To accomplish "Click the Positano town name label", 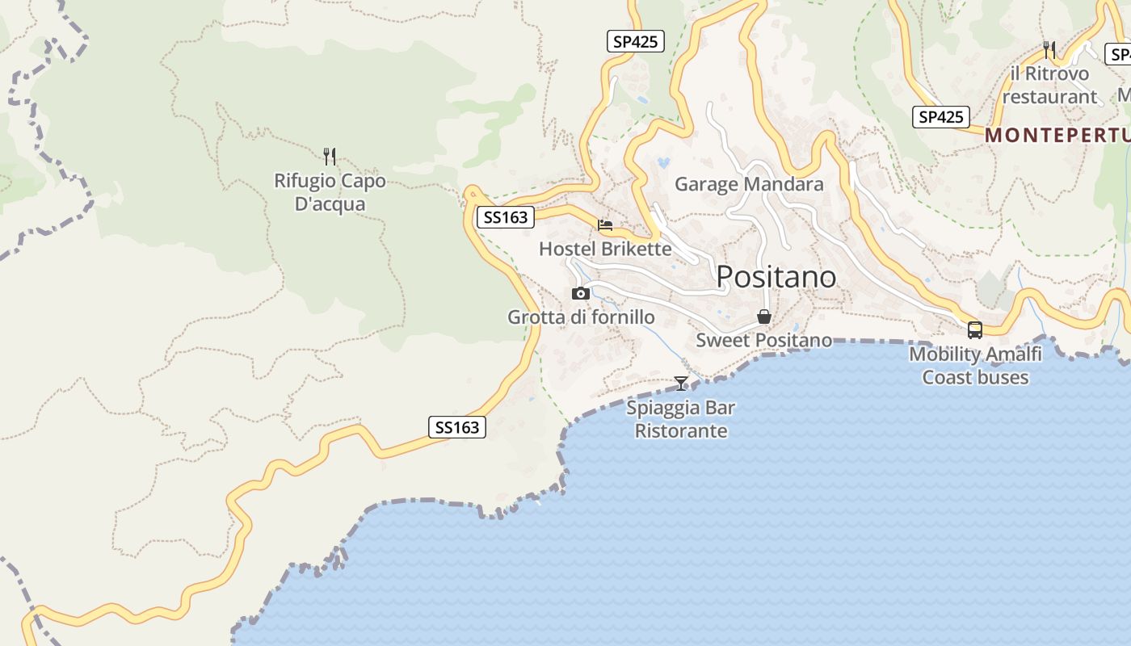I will tap(776, 277).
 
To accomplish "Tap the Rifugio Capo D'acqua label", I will tap(330, 192).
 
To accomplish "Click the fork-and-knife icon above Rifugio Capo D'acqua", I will tap(330, 156).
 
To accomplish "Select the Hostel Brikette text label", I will tap(605, 249).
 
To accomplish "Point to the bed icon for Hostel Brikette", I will tap(605, 225).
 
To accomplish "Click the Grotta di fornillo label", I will tap(581, 317).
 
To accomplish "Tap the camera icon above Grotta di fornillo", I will tap(580, 293).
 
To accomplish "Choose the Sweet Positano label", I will tap(763, 340).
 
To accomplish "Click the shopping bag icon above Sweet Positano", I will tap(763, 317).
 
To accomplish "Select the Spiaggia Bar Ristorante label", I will tap(681, 419).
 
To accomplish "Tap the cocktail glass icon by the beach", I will tap(681, 383).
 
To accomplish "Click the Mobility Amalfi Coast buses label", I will tap(975, 366).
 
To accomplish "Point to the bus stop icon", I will tap(975, 329).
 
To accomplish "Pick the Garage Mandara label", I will tap(749, 184).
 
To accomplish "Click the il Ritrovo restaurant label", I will tap(1049, 85).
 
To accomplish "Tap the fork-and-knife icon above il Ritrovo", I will tap(1049, 50).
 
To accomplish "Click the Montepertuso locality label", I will tap(1057, 135).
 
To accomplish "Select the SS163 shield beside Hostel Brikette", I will tap(506, 217).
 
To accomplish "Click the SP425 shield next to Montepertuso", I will tap(941, 117).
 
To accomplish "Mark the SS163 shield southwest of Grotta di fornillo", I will tap(457, 427).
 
